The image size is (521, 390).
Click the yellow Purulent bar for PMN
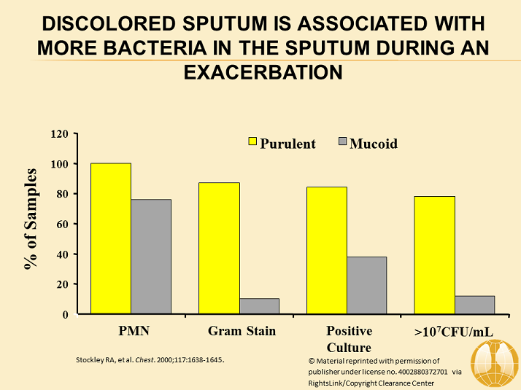(111, 238)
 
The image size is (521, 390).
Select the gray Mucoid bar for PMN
(151, 257)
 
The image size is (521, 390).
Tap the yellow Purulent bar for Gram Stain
(219, 248)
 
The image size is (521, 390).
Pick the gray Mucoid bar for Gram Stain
(259, 306)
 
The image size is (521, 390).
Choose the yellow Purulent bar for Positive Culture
(326, 250)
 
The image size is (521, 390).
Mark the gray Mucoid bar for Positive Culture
(366, 285)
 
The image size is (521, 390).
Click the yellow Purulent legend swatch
(253, 143)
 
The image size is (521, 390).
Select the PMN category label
(135, 332)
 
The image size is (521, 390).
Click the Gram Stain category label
(242, 332)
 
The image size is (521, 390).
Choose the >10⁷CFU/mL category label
(453, 332)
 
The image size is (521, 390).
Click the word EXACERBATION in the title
(260, 73)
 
